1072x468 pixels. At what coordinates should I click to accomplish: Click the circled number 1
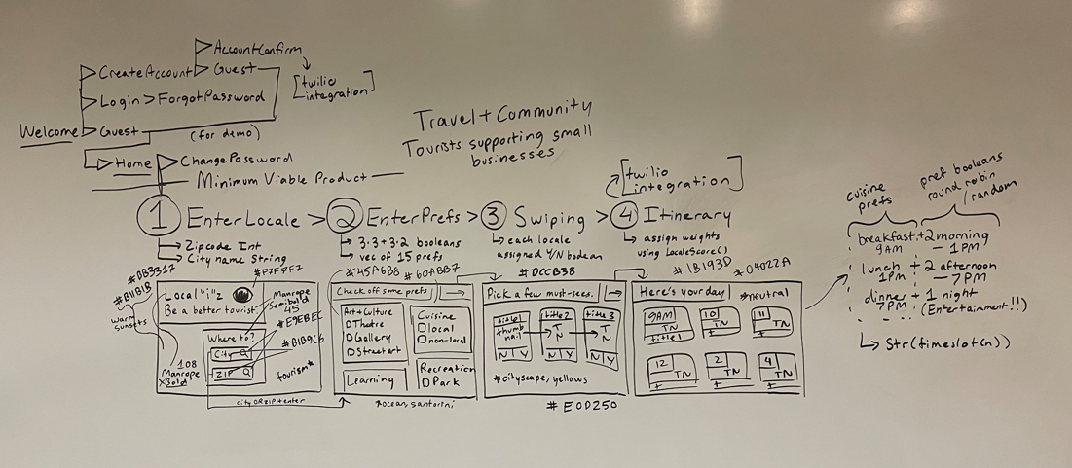coord(159,217)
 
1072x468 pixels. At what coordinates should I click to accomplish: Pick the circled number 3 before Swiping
coord(494,217)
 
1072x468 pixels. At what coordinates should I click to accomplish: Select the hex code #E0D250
coord(582,406)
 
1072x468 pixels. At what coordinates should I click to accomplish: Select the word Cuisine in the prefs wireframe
coord(433,314)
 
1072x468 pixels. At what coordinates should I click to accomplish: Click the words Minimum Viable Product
coord(281,179)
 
